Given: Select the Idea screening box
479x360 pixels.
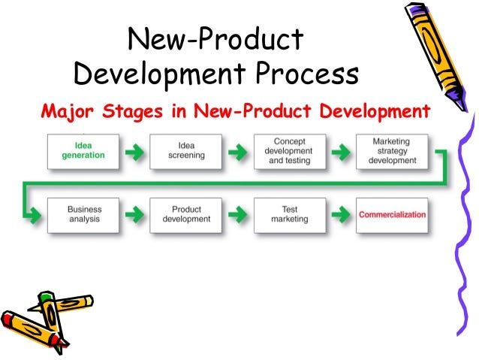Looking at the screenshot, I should [x=185, y=152].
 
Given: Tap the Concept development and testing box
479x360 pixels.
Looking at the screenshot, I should [x=289, y=152].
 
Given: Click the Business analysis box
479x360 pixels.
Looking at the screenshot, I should [x=83, y=214].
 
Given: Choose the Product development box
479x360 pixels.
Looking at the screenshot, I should [x=186, y=214].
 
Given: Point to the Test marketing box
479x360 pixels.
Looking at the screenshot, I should [x=289, y=214].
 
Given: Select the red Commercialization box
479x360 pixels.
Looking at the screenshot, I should [x=393, y=214].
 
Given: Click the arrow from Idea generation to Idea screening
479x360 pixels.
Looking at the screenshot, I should [x=134, y=153].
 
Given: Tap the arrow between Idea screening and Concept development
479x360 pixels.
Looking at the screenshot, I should [x=237, y=153].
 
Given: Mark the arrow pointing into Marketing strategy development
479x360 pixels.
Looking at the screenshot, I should [x=340, y=153].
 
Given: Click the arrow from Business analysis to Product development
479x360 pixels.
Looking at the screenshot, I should [x=134, y=215].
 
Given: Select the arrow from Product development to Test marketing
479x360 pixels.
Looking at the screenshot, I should [x=237, y=215].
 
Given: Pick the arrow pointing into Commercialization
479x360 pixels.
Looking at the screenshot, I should [x=340, y=215].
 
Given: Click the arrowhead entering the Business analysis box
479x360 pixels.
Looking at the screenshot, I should [x=35, y=215].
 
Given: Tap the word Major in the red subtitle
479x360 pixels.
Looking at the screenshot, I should [x=64, y=113].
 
